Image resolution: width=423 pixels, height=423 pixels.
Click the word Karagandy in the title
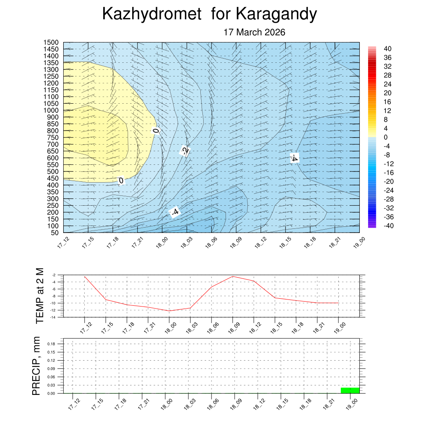tap(276, 14)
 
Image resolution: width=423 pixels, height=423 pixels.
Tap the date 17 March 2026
tap(254, 32)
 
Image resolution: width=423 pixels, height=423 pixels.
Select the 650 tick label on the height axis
tap(52, 151)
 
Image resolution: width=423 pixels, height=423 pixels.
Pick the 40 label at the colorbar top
tap(388, 48)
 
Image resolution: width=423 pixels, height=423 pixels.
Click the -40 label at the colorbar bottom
tap(389, 226)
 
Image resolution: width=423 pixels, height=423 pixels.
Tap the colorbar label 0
tap(385, 137)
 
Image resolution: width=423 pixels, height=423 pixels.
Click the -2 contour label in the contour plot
tap(185, 151)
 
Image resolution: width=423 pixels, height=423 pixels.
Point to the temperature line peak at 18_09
tap(233, 276)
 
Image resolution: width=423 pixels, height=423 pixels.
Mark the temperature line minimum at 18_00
tap(169, 311)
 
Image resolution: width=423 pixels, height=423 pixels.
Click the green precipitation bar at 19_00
tap(350, 390)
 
